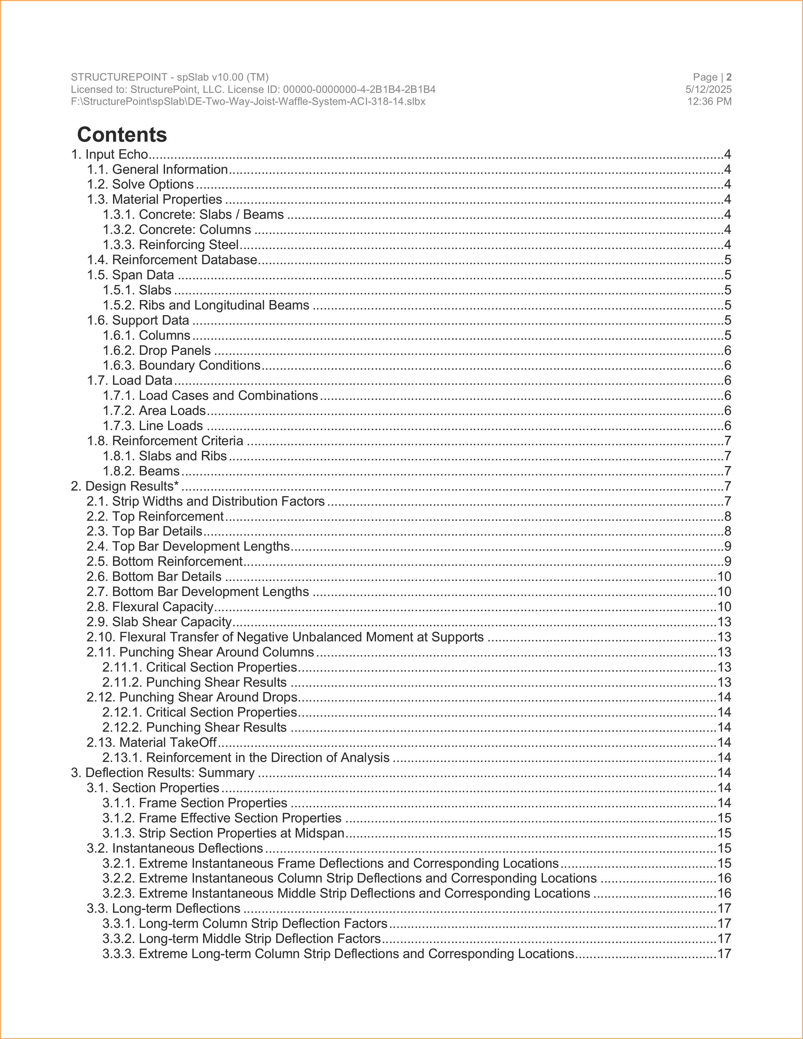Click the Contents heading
122,135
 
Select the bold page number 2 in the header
729,77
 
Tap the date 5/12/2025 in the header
708,89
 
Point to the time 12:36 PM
709,101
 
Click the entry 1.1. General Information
157,169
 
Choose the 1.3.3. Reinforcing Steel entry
171,245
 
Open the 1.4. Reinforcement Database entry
172,260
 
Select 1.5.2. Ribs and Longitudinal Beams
206,305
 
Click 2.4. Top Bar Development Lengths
188,546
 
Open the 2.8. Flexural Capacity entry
150,607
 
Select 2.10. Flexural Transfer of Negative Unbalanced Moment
285,637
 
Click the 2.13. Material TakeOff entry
152,742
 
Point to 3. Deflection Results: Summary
163,773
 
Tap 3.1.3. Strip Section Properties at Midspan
224,833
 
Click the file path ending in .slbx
248,101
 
